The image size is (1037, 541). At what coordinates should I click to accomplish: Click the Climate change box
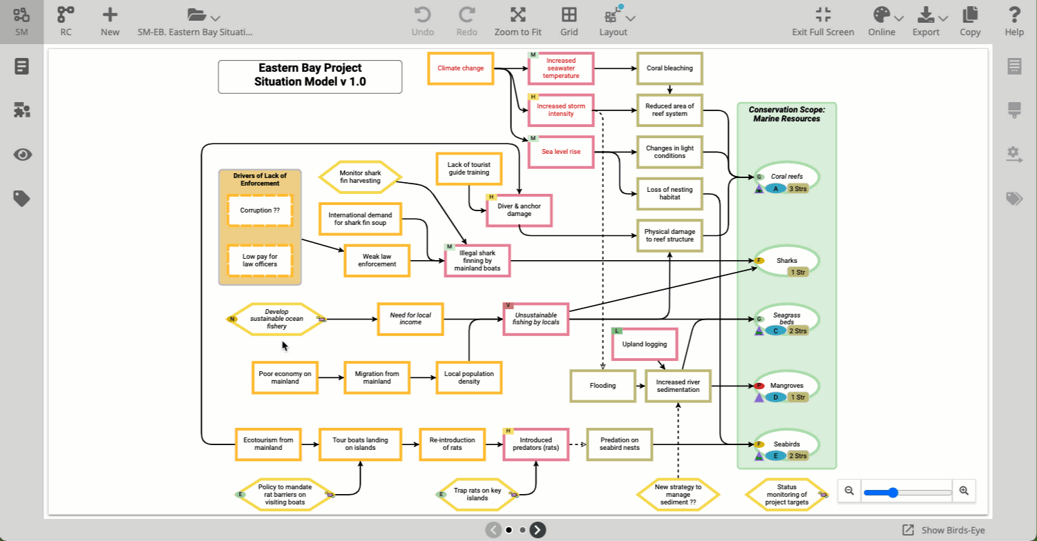pos(460,68)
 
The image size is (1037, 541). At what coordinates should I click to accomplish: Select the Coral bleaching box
pos(669,68)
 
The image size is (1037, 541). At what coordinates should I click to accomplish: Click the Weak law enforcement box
pos(377,260)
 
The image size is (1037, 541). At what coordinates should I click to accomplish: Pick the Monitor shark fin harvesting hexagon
pos(360,177)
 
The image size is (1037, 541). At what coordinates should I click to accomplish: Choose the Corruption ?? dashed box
pos(260,210)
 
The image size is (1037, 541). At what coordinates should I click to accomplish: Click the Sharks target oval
pos(787,261)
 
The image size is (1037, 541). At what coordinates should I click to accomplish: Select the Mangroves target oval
pos(787,386)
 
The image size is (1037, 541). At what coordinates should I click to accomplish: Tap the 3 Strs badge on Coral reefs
pos(798,188)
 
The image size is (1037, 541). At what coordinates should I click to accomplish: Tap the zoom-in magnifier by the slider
pos(964,491)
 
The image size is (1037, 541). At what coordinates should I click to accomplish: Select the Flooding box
pos(602,386)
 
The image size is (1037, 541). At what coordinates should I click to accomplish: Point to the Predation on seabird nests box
pos(620,444)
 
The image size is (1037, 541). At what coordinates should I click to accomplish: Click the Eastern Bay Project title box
pos(310,77)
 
